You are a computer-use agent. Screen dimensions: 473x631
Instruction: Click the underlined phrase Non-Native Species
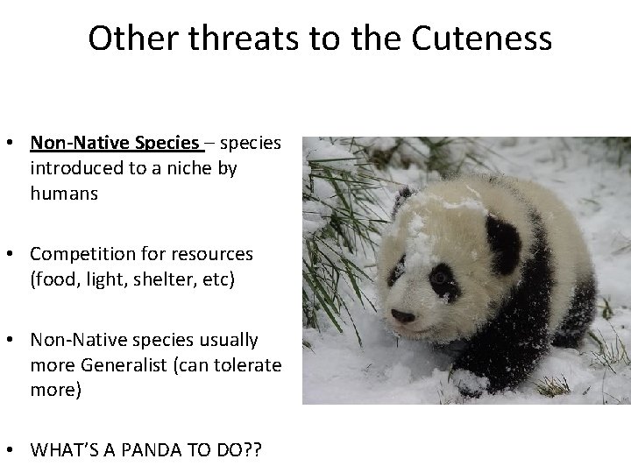click(x=115, y=142)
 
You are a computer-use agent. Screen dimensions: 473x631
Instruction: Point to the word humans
click(x=63, y=194)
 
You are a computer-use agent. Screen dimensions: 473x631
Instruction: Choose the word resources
click(x=214, y=254)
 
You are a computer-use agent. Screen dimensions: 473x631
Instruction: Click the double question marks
click(x=254, y=450)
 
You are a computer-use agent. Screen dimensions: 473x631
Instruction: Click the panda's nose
click(x=401, y=316)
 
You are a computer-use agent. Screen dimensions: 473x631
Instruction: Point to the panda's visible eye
click(x=438, y=278)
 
